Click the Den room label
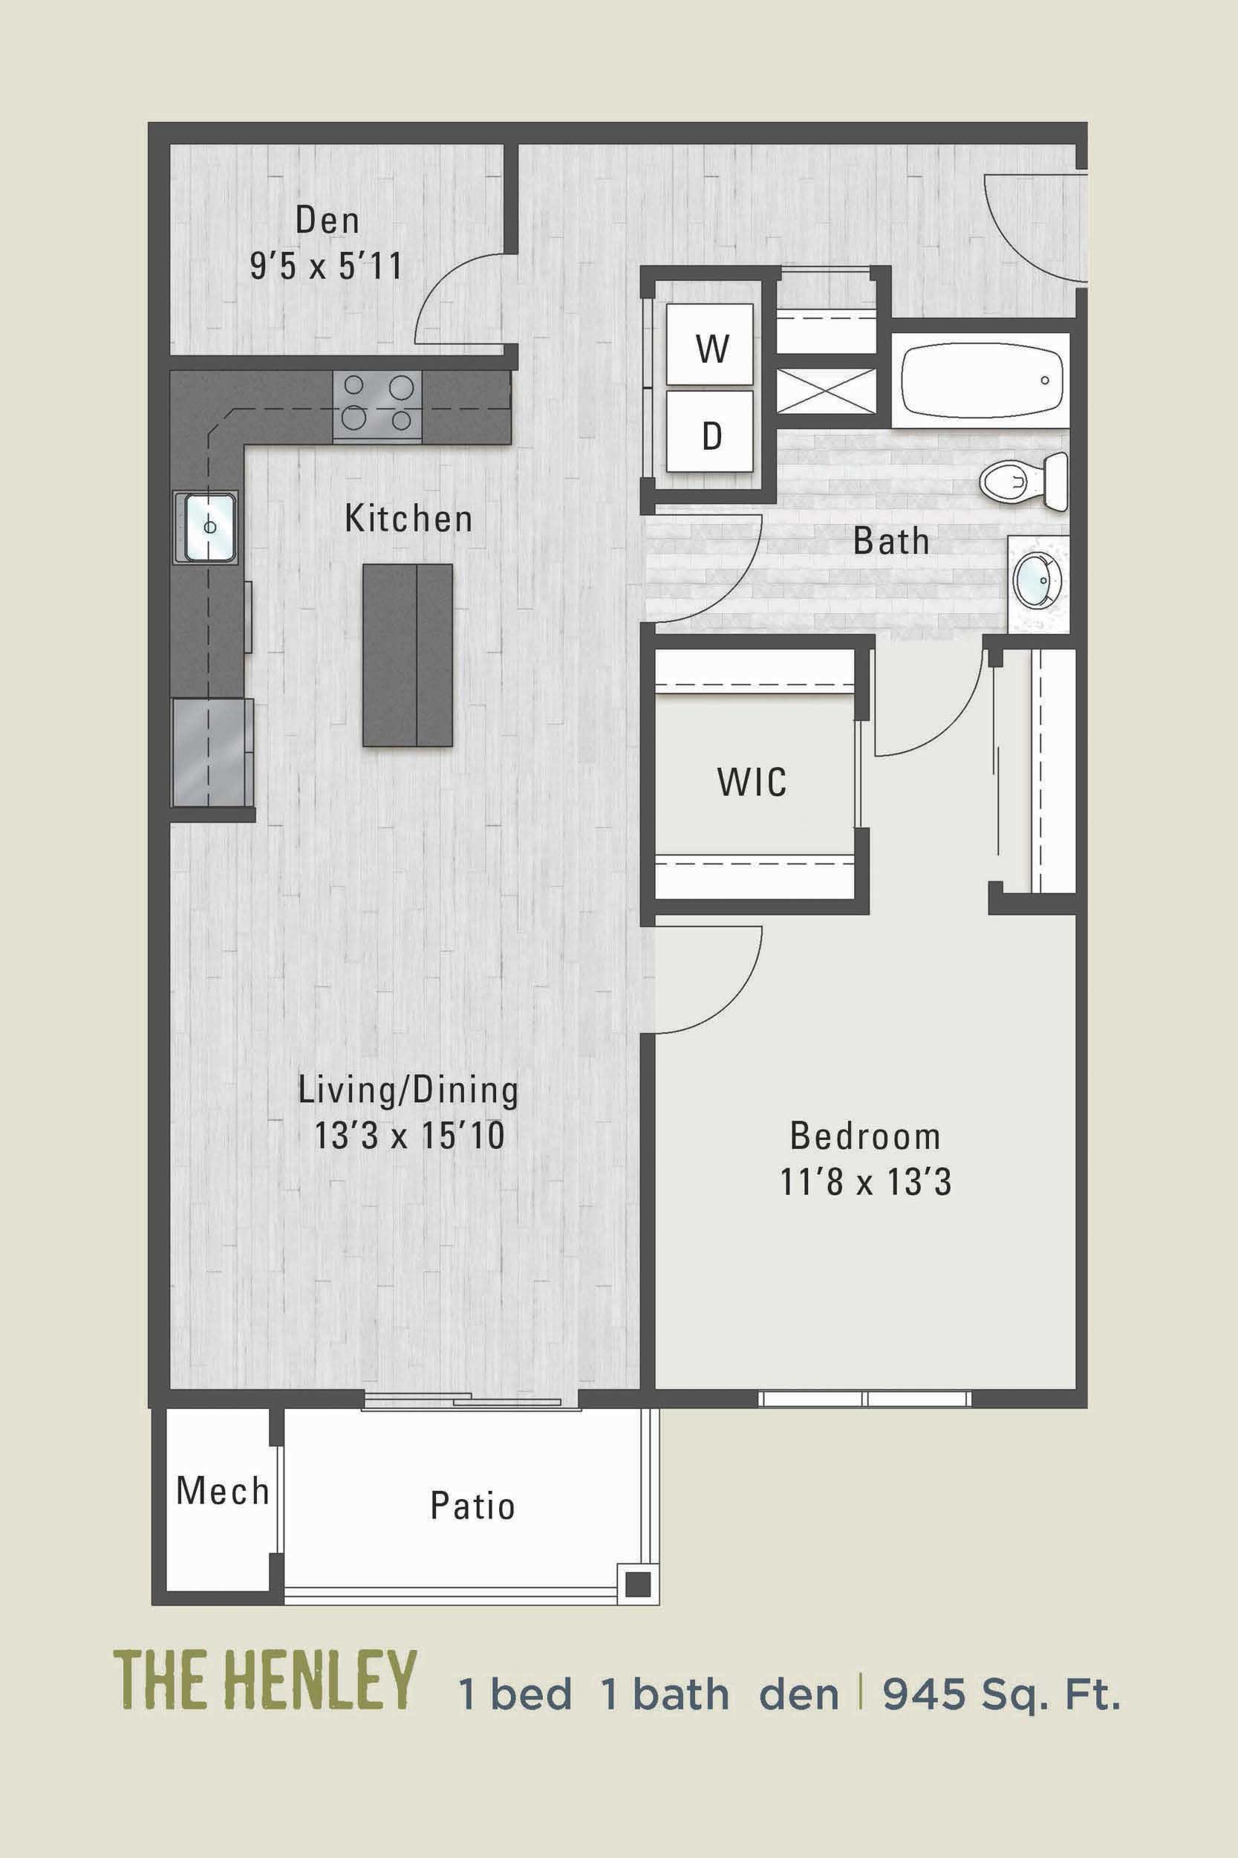(327, 221)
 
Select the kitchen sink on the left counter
(206, 526)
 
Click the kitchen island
(408, 655)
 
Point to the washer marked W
(711, 348)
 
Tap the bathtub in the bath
(980, 380)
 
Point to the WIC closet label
(752, 782)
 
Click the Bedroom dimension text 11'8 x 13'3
(865, 1182)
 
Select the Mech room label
(223, 1492)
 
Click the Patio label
(472, 1506)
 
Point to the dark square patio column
(637, 1583)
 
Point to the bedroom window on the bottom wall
(865, 1399)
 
